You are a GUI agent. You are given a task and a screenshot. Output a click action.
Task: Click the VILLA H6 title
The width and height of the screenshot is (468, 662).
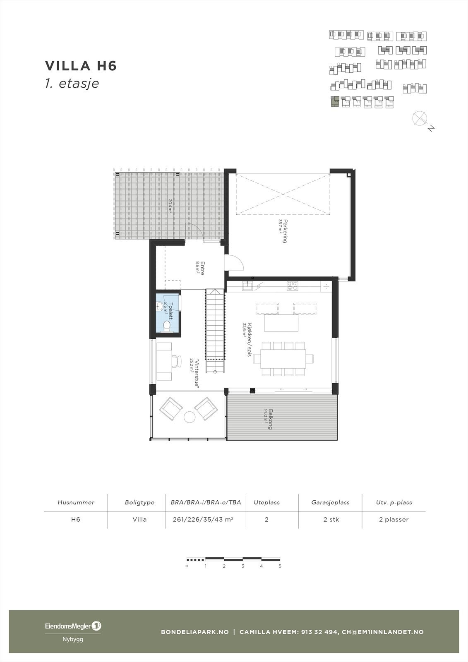tap(81, 66)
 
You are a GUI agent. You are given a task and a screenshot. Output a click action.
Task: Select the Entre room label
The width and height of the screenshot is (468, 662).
tap(200, 268)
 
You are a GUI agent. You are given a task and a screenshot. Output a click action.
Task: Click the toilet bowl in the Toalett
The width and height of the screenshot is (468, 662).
tap(167, 326)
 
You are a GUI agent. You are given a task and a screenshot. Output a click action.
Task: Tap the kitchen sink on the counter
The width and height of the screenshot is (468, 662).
tap(247, 285)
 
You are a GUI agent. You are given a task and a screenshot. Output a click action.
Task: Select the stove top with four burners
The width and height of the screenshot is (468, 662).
tap(293, 285)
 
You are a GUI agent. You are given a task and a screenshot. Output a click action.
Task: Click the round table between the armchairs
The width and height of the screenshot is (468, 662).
tap(190, 417)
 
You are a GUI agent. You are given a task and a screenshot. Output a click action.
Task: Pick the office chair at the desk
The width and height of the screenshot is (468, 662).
tap(177, 360)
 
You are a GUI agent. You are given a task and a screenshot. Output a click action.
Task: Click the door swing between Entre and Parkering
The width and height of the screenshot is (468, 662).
tap(232, 263)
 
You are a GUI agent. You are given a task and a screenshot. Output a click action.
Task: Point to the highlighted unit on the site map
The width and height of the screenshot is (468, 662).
tap(334, 102)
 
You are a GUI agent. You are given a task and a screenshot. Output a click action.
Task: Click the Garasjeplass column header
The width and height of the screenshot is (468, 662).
tap(330, 502)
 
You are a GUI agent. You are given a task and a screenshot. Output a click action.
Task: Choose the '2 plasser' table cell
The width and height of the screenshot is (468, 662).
tap(394, 519)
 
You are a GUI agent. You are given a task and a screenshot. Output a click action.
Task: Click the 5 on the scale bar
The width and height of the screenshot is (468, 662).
tap(280, 566)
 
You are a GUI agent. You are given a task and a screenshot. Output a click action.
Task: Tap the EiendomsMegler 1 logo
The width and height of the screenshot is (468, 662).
tap(73, 626)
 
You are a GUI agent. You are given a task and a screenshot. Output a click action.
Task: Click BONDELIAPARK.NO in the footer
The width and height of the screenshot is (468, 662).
tap(194, 632)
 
